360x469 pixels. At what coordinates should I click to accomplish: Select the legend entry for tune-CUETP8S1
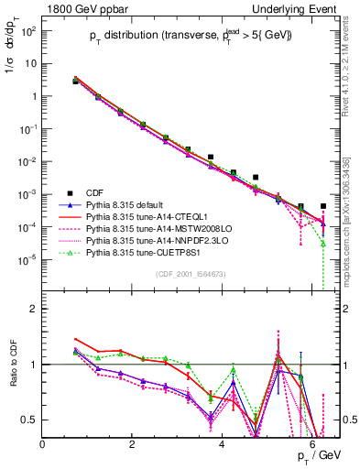(144, 250)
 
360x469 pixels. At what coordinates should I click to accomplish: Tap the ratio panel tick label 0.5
(29, 420)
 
